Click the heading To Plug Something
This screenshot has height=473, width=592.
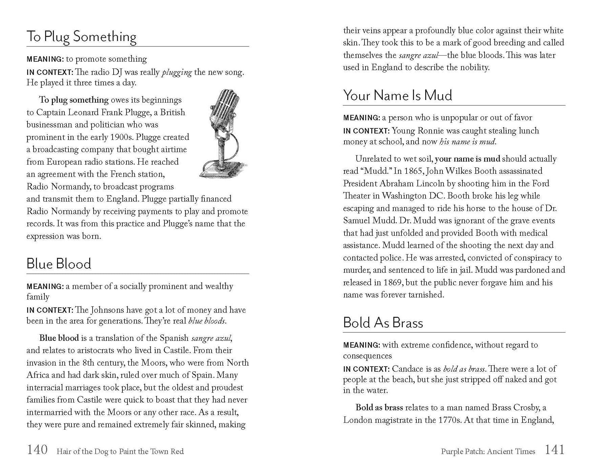81,37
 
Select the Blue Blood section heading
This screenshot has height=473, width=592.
59,264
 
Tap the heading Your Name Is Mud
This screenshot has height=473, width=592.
397,95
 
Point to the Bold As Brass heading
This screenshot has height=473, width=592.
383,323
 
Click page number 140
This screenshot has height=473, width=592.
37,450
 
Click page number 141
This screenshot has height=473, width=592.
555,450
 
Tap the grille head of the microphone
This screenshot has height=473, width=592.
222,105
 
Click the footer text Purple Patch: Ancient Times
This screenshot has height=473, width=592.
488,451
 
